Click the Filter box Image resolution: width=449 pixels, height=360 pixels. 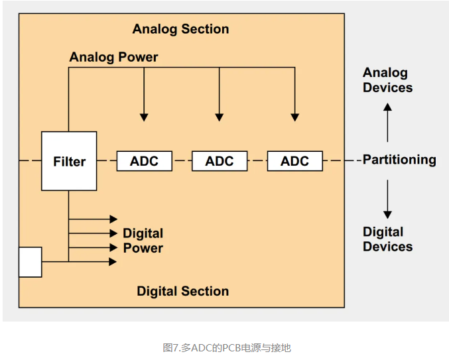[69, 161]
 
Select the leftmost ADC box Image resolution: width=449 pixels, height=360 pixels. [144, 161]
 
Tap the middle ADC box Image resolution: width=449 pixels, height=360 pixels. [219, 161]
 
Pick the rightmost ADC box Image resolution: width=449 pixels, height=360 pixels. [294, 161]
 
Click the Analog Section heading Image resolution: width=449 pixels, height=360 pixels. [180, 29]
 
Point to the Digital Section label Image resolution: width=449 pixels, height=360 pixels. [182, 291]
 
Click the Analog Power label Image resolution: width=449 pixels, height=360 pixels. [113, 57]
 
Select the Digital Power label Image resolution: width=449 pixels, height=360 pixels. [143, 241]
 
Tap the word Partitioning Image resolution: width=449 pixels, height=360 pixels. [399, 160]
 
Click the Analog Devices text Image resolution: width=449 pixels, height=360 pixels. [387, 80]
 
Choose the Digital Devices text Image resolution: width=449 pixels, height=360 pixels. [387, 239]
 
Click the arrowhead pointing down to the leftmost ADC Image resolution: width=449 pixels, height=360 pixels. [144, 117]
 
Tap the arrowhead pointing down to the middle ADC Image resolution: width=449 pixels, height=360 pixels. [219, 117]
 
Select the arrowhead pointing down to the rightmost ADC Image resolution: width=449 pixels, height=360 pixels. [294, 117]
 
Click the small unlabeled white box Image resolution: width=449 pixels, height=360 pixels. [30, 262]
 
